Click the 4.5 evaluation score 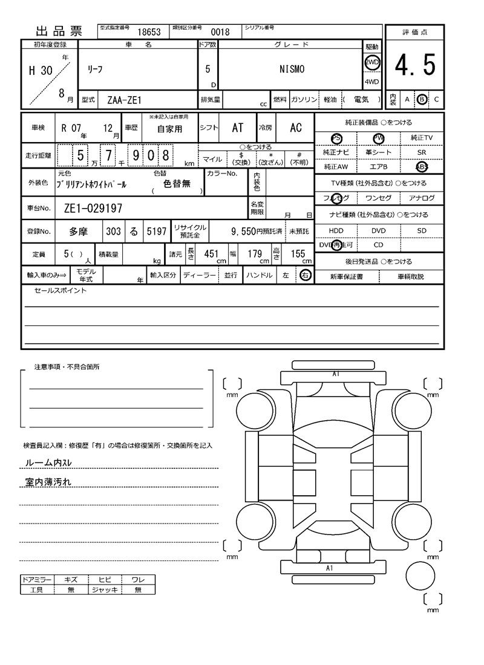415,65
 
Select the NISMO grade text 292,69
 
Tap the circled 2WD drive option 371,62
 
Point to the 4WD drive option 371,82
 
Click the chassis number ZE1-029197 93,209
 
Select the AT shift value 238,128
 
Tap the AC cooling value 296,128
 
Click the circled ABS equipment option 422,167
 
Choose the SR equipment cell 422,153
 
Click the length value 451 211,254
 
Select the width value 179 254,254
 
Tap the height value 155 298,254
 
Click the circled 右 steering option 306,276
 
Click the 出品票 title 59,31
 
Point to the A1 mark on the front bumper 336,374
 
